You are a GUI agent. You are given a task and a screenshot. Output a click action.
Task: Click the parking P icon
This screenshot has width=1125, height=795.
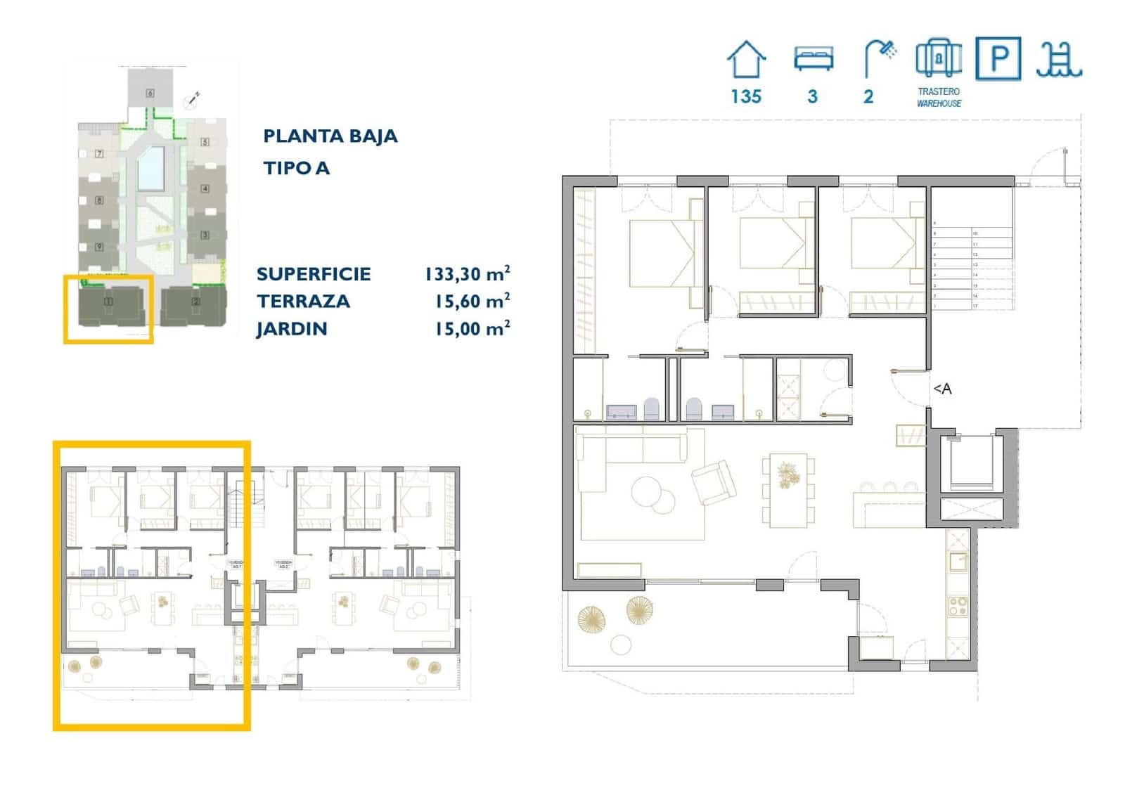coord(998,59)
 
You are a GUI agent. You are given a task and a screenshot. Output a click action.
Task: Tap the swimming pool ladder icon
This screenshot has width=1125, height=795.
coord(1058,59)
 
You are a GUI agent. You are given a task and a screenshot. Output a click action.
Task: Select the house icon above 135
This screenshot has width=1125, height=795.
coord(746,60)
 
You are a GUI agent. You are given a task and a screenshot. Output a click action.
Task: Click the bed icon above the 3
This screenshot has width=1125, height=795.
coord(814,58)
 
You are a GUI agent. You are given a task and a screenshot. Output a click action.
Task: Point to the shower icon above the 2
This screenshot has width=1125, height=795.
coord(880,58)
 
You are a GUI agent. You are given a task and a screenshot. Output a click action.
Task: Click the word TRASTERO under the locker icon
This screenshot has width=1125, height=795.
coord(938,91)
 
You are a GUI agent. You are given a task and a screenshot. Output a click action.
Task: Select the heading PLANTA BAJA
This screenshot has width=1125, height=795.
coord(330,136)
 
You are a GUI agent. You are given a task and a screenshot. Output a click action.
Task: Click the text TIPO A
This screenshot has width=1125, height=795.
coord(296,168)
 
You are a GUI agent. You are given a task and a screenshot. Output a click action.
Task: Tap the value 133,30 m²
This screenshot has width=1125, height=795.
coord(467,273)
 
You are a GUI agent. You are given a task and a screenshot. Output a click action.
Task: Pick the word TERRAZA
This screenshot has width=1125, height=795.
coord(303,301)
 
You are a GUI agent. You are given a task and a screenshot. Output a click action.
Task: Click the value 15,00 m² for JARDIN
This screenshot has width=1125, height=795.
coord(472,328)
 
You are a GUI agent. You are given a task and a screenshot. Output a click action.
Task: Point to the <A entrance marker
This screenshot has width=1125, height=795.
coord(942,389)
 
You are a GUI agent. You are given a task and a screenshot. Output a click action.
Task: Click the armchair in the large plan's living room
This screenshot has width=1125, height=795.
coord(714,482)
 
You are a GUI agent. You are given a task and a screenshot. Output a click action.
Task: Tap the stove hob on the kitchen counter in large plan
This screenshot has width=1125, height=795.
coord(957,606)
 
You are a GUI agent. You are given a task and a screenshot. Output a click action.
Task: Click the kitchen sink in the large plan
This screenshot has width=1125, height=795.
coord(958,562)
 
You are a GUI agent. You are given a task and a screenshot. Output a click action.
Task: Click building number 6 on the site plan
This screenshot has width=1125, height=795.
coord(150,93)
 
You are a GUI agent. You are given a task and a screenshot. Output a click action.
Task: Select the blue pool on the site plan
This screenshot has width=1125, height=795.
coord(151,169)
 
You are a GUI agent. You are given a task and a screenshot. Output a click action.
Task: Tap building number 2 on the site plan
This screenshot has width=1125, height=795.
coord(195,302)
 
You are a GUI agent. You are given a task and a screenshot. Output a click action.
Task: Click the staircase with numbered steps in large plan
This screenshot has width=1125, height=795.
coord(972,267)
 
